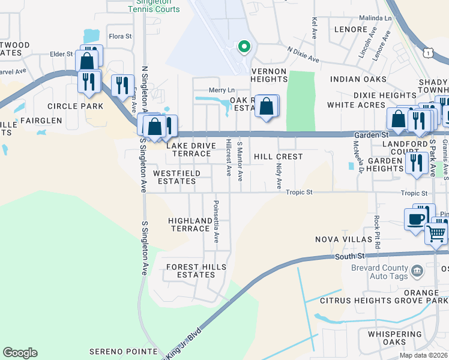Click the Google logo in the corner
click(x=20, y=353)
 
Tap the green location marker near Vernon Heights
click(x=244, y=46)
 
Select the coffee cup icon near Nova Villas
click(x=415, y=219)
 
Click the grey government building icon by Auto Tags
click(x=416, y=273)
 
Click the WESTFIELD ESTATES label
click(x=176, y=177)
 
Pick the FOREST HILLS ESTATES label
click(x=190, y=271)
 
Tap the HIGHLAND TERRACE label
click(x=190, y=224)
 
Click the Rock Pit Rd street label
click(x=377, y=233)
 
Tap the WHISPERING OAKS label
click(x=387, y=338)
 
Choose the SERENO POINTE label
click(x=123, y=351)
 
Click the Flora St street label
click(x=120, y=37)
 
